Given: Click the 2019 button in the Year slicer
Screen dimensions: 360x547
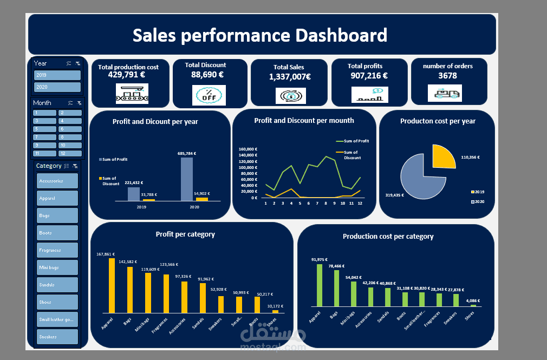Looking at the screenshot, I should [57, 75].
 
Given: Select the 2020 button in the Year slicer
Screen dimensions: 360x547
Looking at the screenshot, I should [57, 87].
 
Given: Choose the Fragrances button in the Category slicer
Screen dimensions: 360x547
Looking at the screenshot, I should [57, 250].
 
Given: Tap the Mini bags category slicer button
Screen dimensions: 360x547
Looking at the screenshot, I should [57, 267].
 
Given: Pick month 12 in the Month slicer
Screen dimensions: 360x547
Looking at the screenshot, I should [70, 154].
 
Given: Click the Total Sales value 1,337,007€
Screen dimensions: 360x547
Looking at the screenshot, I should [290, 77].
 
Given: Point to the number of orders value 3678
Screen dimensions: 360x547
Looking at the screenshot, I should [447, 76].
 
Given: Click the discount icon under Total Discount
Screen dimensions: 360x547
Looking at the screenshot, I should [209, 95].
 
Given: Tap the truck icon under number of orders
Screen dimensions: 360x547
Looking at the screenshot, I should [445, 94].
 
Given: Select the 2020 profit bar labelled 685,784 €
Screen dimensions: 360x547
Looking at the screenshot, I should [186, 179].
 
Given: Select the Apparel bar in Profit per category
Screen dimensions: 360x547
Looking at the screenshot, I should [112, 285].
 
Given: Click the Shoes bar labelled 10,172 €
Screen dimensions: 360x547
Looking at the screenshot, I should [275, 311].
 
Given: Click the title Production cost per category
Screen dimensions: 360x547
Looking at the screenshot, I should [388, 237].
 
